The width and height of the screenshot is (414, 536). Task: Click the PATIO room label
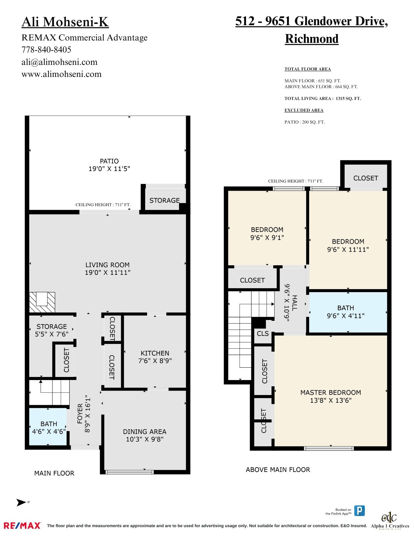tap(109, 161)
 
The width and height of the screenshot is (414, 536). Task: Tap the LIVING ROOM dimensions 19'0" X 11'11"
tap(107, 273)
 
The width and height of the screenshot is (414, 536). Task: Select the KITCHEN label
tap(155, 353)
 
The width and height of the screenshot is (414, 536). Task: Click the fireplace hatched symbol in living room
tap(42, 302)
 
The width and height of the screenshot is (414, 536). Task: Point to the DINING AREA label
tap(144, 431)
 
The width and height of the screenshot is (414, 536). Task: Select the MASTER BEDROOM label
tap(330, 392)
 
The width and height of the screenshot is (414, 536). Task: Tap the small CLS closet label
tap(263, 333)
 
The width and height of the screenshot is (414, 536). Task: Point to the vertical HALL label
tap(294, 303)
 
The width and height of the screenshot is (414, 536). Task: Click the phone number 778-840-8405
tap(46, 50)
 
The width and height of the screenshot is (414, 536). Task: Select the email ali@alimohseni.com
tap(59, 62)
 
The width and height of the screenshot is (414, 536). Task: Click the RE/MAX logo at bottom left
tap(22, 525)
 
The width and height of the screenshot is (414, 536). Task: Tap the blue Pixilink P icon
tap(359, 511)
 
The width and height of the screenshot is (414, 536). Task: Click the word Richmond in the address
tap(312, 39)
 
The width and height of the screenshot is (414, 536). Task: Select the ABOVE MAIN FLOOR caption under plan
tap(278, 470)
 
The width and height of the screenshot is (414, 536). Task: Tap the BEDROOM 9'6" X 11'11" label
tap(348, 241)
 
